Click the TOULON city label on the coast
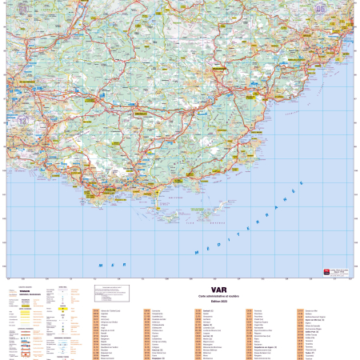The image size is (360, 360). pos(108,191)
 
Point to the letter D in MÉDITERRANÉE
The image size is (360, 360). pos(221,242)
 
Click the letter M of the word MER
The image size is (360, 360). pos(101,265)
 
